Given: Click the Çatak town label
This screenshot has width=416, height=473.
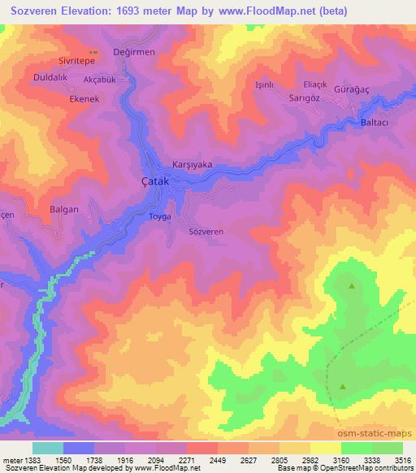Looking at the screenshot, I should coord(154,182).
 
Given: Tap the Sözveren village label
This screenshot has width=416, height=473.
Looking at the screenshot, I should coord(206,232).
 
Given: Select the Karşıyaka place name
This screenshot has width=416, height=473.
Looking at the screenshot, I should coord(193,164).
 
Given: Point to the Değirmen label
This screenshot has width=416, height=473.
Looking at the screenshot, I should coord(134,51).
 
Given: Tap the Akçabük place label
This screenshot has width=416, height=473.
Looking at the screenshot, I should coord(101,80).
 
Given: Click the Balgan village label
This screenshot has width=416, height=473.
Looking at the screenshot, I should coord(64,209).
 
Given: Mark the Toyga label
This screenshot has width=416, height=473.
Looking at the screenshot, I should coord(160,217).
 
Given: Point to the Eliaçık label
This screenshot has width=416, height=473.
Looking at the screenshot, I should coord(314,84).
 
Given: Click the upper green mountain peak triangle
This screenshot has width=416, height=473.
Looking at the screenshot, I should coord(352,285).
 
